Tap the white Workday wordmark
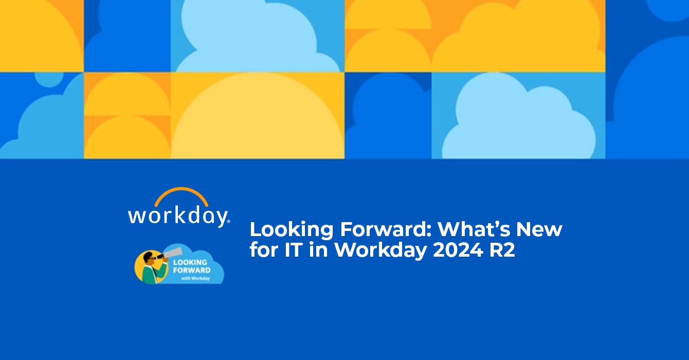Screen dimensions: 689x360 point(178,217)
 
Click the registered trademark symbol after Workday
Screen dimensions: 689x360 point(228,221)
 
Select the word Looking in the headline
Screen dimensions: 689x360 point(292,230)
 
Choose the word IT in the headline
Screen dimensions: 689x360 point(294,250)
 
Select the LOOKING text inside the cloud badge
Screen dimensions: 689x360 point(190,262)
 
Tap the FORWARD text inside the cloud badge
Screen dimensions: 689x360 point(192,270)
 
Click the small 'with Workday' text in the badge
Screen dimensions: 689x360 point(195,278)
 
